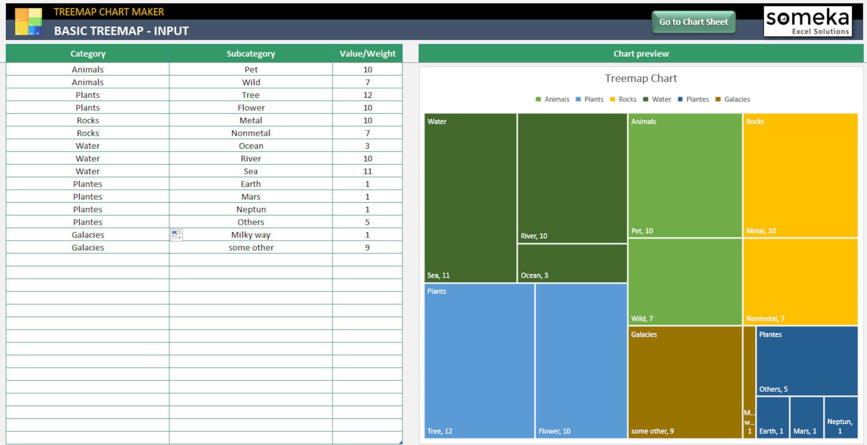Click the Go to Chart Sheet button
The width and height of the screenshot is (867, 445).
point(693,22)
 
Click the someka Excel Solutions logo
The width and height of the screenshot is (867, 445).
point(807,21)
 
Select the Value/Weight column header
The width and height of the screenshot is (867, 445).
point(367,54)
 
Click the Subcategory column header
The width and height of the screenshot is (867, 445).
point(251,54)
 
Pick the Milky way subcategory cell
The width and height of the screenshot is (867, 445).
point(251,235)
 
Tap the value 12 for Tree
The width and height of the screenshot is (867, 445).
point(367,95)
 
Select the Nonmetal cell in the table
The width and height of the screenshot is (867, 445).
point(251,133)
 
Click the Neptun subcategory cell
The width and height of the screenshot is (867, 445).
point(251,209)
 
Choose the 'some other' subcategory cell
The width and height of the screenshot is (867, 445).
point(251,248)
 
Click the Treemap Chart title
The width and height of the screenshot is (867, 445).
point(640,78)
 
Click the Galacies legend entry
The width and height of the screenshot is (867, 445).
point(733,99)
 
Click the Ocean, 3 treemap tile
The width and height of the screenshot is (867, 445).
point(572,263)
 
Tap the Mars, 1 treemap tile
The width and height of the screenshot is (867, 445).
point(806,417)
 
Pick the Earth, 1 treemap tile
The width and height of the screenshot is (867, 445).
point(773,417)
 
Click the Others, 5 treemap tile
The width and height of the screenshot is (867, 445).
point(806,361)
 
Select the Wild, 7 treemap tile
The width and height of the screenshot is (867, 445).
point(685,282)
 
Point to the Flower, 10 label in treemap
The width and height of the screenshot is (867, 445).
point(554,431)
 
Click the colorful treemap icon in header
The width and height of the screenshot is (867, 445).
point(28,22)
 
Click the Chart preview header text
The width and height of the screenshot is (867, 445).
point(640,54)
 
